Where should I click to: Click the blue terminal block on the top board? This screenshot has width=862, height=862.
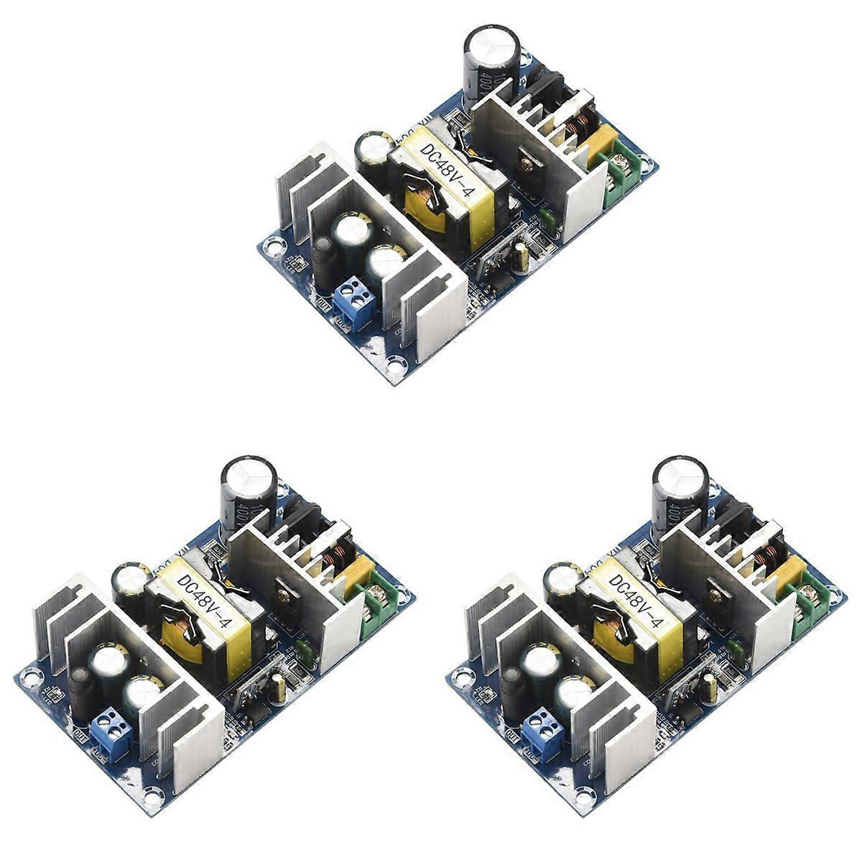354,302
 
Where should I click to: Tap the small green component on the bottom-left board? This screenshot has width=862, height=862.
302,651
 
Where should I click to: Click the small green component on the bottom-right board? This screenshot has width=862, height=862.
733,651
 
